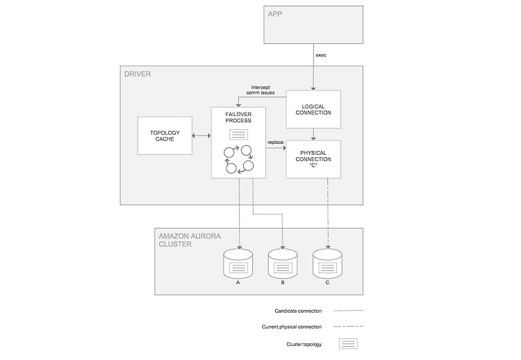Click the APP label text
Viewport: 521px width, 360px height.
(x=275, y=14)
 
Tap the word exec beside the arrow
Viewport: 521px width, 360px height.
(x=321, y=55)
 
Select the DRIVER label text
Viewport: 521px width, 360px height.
(x=138, y=74)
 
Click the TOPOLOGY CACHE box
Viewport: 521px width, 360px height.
(x=165, y=136)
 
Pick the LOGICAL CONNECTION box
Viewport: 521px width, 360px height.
(x=313, y=109)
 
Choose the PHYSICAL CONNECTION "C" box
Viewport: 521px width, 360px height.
(x=313, y=159)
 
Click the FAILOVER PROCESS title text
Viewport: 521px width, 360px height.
(x=238, y=117)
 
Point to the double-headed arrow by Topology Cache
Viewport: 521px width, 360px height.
(x=201, y=136)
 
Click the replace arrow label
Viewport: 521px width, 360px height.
(x=276, y=142)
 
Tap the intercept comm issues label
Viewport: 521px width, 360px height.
(x=260, y=90)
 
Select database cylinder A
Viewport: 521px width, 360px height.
(x=238, y=264)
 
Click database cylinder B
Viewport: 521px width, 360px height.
(x=283, y=264)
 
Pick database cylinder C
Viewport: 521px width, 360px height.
(x=327, y=264)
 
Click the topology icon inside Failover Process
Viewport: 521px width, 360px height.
(x=238, y=134)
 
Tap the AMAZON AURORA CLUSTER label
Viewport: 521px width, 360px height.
(x=190, y=240)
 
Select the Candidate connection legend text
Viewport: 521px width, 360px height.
(x=298, y=311)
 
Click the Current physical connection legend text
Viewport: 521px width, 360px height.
(x=292, y=327)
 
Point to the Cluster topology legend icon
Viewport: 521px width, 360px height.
(x=348, y=344)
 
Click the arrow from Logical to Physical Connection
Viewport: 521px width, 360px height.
(x=313, y=134)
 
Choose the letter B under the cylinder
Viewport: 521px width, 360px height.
(x=283, y=283)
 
